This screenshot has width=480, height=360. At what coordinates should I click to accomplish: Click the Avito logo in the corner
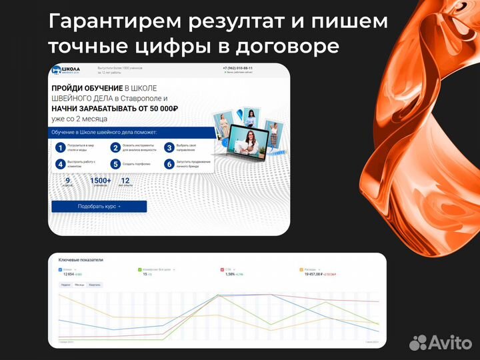click(440, 342)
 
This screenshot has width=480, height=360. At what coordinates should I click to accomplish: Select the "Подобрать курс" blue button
click(99, 207)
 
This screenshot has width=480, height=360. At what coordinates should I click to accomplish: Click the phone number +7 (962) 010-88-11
click(237, 68)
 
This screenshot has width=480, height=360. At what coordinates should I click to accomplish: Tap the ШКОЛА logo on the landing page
click(67, 71)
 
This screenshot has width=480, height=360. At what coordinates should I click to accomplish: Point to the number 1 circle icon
click(60, 147)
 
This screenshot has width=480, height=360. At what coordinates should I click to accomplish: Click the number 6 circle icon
click(170, 164)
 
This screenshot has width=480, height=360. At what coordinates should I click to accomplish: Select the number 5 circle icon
click(115, 164)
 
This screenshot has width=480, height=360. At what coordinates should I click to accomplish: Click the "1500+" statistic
click(101, 181)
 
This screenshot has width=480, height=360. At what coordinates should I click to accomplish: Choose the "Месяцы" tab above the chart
click(79, 285)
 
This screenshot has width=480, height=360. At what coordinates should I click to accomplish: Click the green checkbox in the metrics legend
click(140, 269)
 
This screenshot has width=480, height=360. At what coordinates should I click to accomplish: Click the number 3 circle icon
click(170, 147)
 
